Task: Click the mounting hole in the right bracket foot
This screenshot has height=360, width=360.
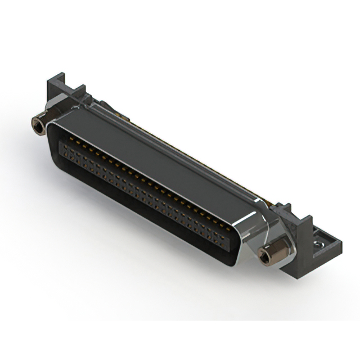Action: (319, 244)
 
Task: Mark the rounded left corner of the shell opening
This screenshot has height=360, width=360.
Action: (52, 132)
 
